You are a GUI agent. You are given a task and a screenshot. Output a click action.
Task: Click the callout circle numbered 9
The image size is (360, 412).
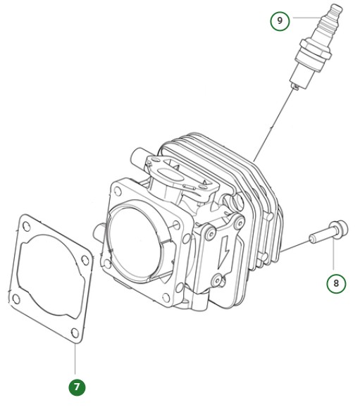[x=280, y=20]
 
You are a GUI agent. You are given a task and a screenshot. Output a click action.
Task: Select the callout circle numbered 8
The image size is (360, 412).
[x=336, y=283]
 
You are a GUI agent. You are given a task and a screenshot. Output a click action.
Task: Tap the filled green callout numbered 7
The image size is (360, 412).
[x=76, y=387]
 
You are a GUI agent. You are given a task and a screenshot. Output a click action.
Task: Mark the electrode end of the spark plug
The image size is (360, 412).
[x=294, y=85]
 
